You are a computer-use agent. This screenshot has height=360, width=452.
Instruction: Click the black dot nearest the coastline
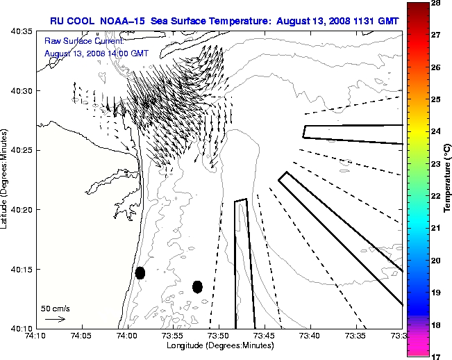pos(140,272)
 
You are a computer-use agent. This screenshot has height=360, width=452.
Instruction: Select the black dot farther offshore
pos(197,286)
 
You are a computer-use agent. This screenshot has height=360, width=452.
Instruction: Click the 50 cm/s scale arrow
pos(55,319)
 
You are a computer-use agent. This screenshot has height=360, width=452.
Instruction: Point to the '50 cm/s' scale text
pos(55,308)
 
